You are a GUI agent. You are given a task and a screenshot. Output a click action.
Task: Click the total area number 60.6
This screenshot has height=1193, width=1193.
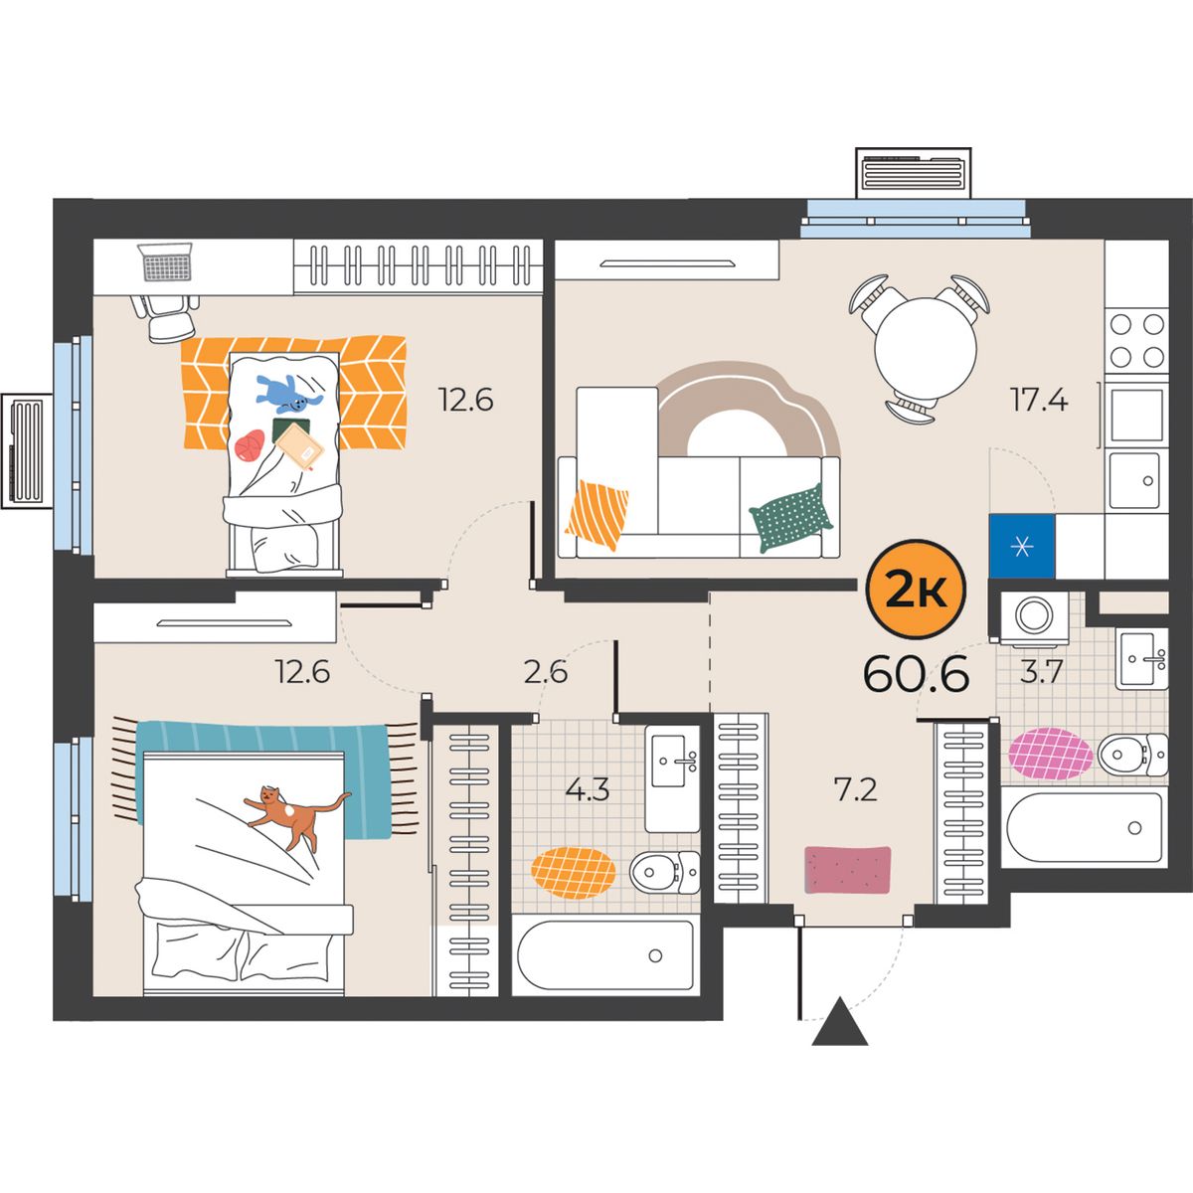click(x=916, y=675)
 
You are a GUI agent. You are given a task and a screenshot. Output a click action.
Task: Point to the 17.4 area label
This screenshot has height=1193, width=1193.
click(x=1039, y=400)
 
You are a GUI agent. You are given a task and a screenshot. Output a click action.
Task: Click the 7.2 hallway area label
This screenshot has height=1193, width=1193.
click(x=855, y=790)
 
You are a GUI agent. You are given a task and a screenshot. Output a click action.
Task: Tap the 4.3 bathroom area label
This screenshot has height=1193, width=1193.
click(x=588, y=790)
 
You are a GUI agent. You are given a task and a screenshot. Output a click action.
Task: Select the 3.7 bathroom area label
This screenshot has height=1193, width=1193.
click(x=1041, y=671)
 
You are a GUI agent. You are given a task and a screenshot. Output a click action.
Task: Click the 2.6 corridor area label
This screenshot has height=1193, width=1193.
click(x=546, y=672)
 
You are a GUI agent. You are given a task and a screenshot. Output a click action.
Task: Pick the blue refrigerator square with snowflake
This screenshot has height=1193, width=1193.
click(x=1022, y=546)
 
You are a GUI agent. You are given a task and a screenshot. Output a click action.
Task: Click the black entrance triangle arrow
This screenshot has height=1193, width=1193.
click(x=840, y=1030)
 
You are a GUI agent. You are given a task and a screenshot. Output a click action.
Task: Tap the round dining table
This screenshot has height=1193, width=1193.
click(x=926, y=349)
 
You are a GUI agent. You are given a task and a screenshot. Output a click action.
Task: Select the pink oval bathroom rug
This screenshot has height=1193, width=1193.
click(x=1050, y=754)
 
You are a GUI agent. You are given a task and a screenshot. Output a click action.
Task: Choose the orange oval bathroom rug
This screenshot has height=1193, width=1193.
click(x=574, y=873)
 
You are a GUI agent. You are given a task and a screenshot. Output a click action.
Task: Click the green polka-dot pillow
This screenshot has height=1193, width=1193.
click(x=791, y=519)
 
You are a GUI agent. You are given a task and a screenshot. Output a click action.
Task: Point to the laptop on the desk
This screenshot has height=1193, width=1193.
click(x=166, y=261)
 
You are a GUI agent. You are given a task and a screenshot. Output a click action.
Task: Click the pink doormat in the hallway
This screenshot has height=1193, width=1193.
click(x=848, y=870)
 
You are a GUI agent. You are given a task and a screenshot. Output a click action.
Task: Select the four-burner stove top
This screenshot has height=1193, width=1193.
click(x=1136, y=340)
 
